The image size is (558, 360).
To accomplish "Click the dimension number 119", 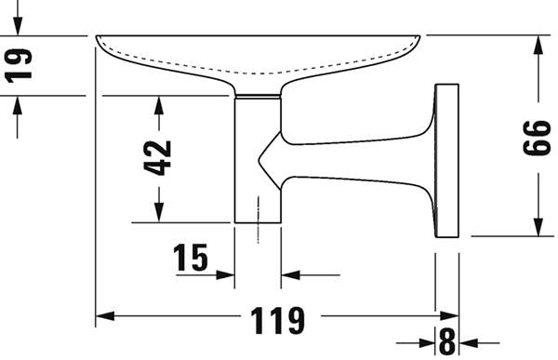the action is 277,320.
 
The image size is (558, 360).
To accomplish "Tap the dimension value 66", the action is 537,138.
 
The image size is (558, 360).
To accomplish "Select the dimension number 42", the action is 158,158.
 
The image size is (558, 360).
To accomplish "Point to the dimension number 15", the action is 191,257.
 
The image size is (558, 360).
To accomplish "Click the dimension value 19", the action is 19,66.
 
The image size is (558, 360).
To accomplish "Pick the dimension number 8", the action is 447,341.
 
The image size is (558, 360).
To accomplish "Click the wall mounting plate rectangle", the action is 447,161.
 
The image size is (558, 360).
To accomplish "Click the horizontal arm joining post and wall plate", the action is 356,160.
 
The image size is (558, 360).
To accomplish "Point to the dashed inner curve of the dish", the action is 258,73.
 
